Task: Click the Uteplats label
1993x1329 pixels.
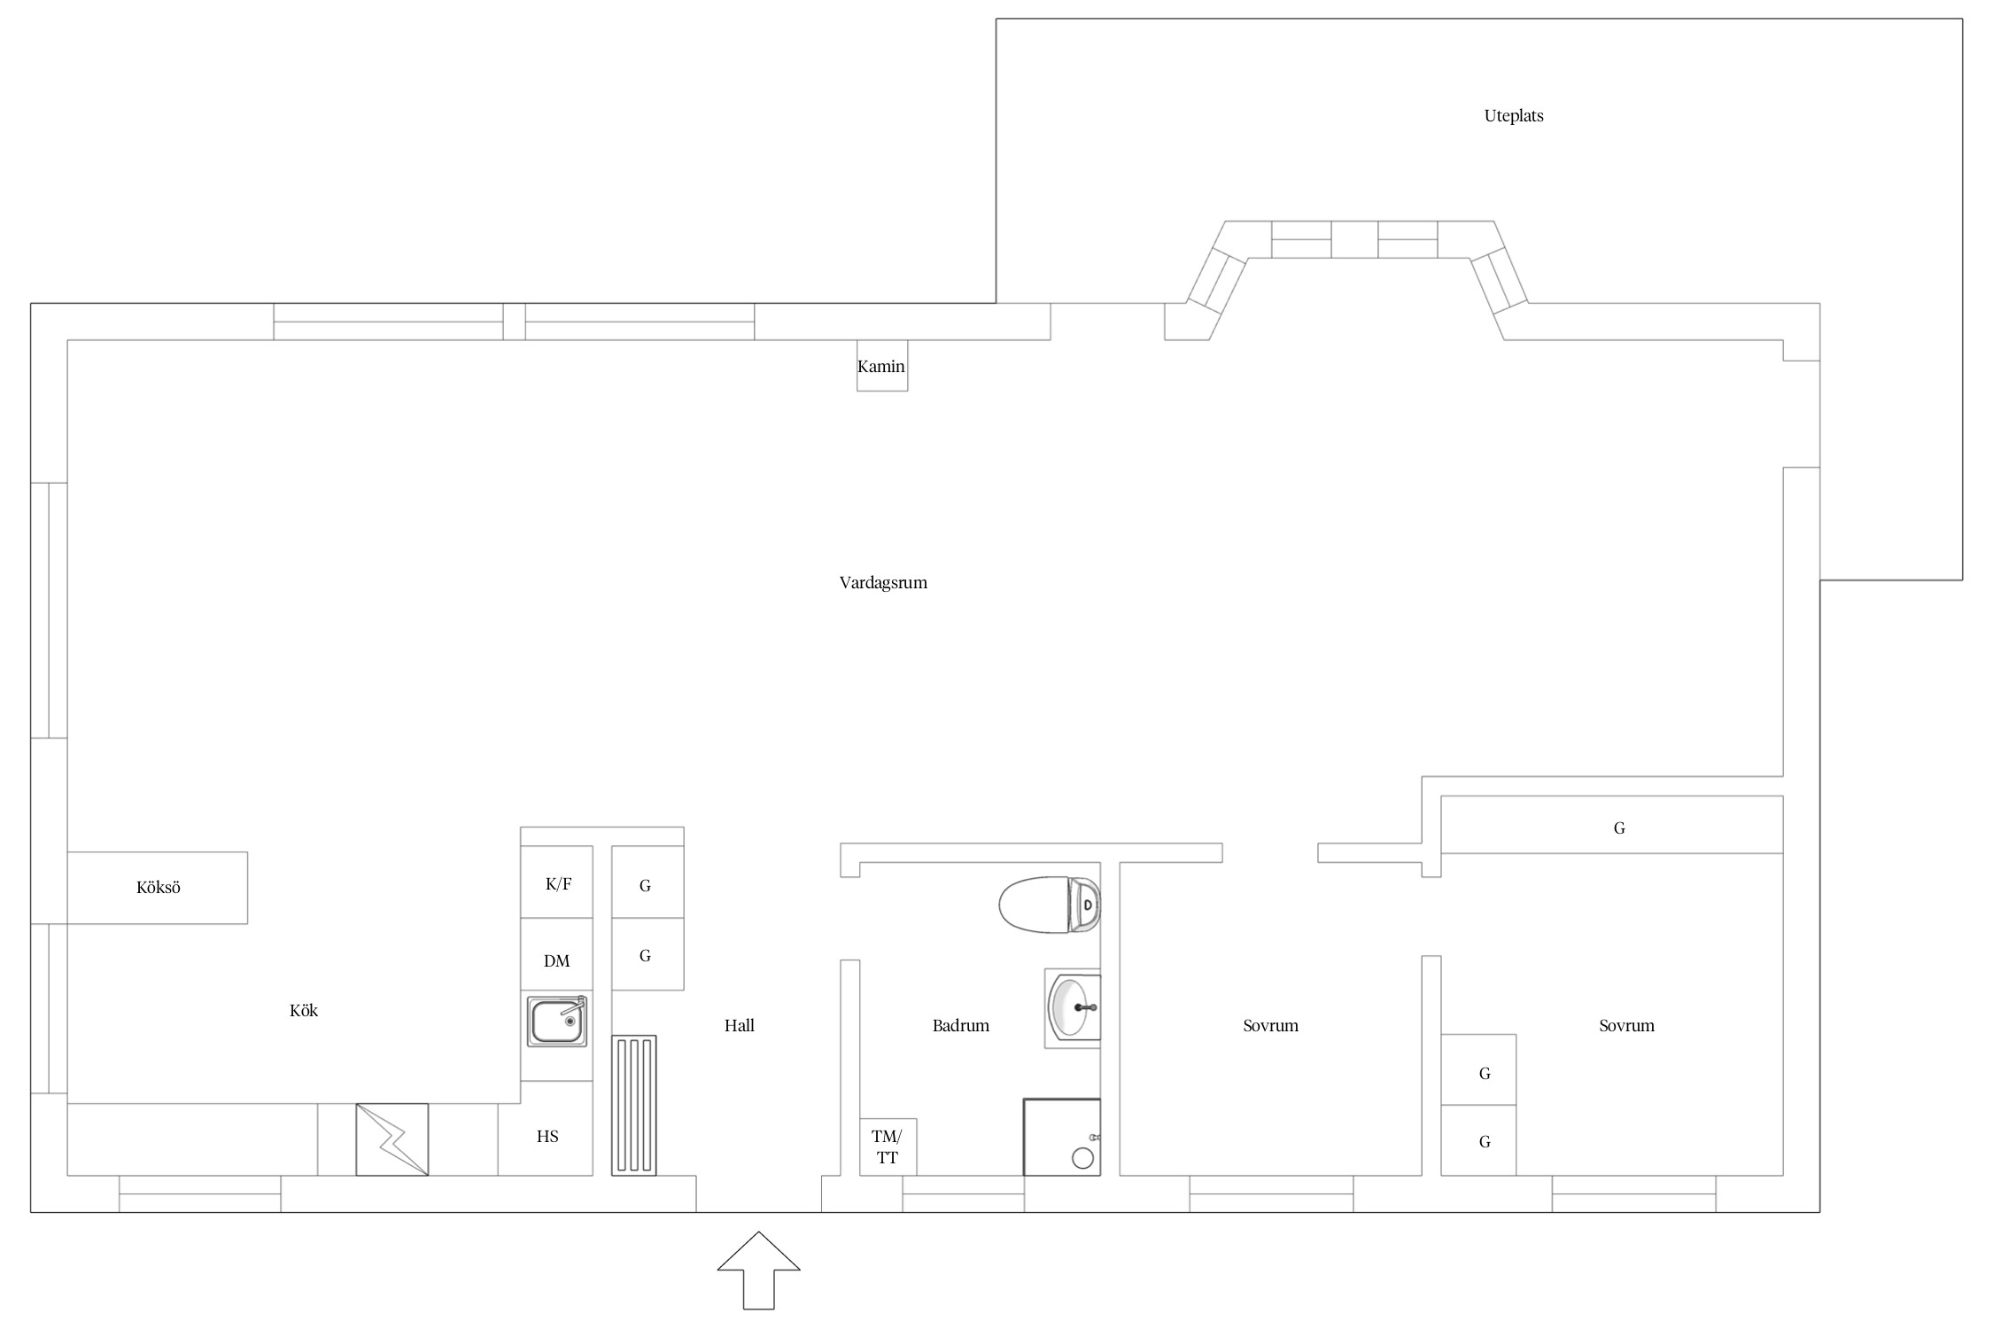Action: (x=1514, y=116)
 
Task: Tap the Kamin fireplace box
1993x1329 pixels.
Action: (x=881, y=366)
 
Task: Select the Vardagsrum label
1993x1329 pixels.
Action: (x=883, y=583)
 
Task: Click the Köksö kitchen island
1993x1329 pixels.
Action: (x=158, y=888)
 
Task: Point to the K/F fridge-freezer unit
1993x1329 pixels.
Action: (x=556, y=882)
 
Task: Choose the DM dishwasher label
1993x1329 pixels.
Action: (x=556, y=961)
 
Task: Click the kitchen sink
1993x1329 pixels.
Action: (x=557, y=1021)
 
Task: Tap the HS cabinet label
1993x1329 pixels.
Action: (x=547, y=1137)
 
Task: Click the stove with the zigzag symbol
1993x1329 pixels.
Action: (x=392, y=1139)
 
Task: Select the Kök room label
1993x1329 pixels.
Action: (x=304, y=1011)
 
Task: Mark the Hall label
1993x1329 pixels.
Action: (x=740, y=1026)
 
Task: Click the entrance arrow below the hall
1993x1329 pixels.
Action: (x=758, y=1270)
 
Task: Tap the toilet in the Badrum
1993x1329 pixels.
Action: (x=1050, y=905)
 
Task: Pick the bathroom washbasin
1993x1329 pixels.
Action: (x=1073, y=1008)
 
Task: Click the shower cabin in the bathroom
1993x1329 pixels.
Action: (x=1062, y=1138)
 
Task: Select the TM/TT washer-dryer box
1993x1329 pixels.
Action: (x=888, y=1147)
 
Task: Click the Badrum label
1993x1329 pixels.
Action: (x=961, y=1026)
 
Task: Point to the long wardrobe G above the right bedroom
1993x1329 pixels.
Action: (x=1611, y=825)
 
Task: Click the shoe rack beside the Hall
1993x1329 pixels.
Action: (x=634, y=1106)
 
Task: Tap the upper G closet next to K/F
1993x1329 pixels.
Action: (x=648, y=882)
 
